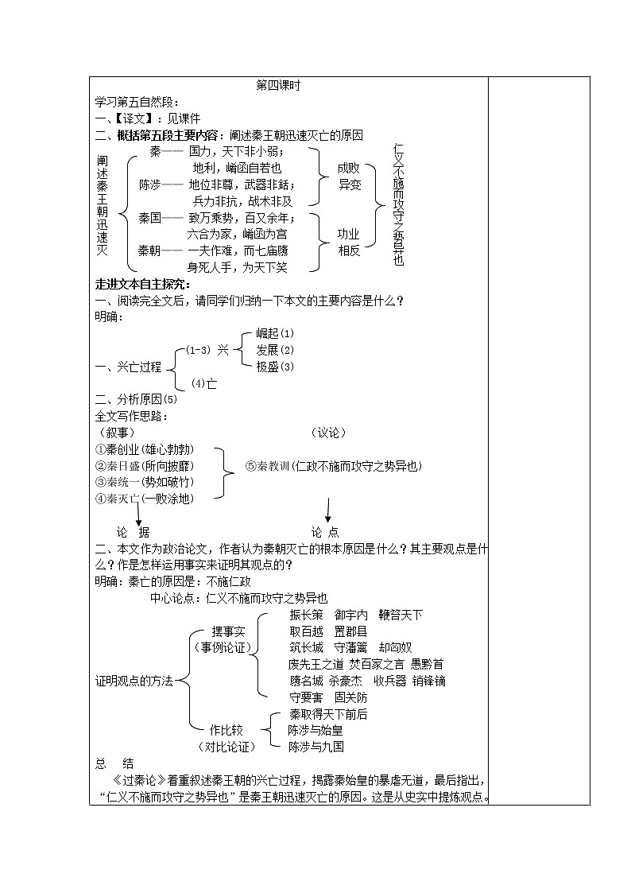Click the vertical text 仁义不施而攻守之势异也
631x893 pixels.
pyautogui.click(x=398, y=205)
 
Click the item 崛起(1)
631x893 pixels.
pyautogui.click(x=275, y=333)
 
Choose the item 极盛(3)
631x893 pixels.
pyautogui.click(x=275, y=367)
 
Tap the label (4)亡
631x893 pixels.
pyautogui.click(x=204, y=383)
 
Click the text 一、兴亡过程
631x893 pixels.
pyautogui.click(x=128, y=367)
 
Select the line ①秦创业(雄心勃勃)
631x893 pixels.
pyautogui.click(x=145, y=448)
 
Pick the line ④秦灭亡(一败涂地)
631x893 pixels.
pyautogui.click(x=144, y=499)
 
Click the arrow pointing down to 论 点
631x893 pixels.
pyautogui.click(x=327, y=510)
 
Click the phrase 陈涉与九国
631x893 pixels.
pyautogui.click(x=316, y=747)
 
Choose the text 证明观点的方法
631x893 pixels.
pyautogui.click(x=134, y=681)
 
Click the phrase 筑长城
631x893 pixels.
pyautogui.click(x=307, y=647)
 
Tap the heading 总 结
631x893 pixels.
pyautogui.click(x=113, y=763)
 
